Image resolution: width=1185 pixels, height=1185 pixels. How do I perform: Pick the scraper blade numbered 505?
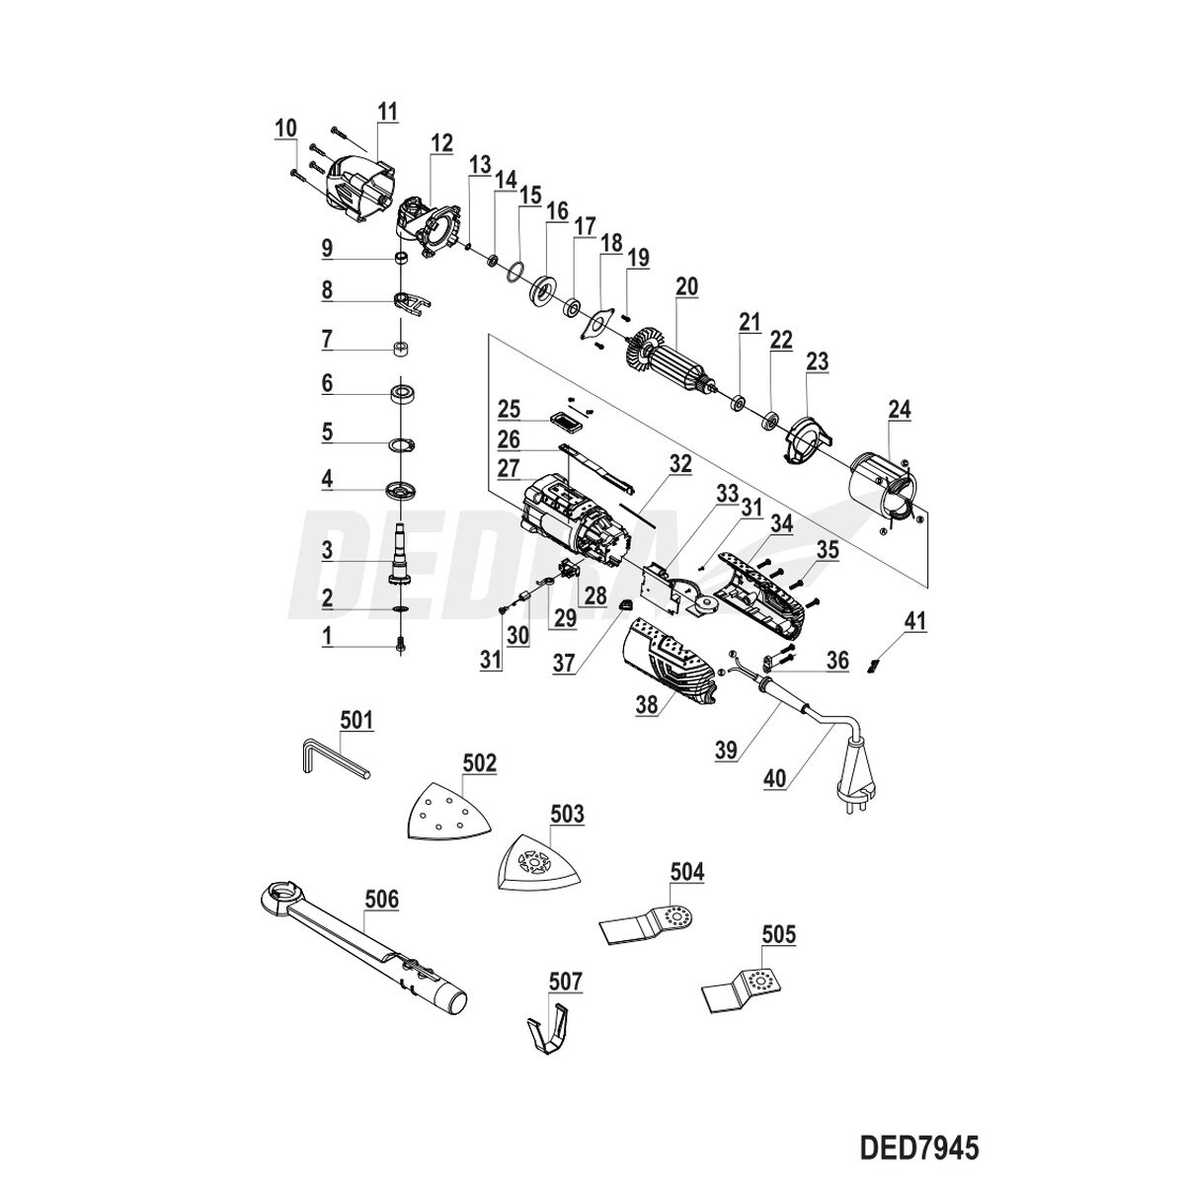746,987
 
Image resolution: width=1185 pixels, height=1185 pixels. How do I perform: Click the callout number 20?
686,287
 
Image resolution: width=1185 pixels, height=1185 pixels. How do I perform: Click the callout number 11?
386,111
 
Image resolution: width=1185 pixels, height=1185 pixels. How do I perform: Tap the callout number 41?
916,621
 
